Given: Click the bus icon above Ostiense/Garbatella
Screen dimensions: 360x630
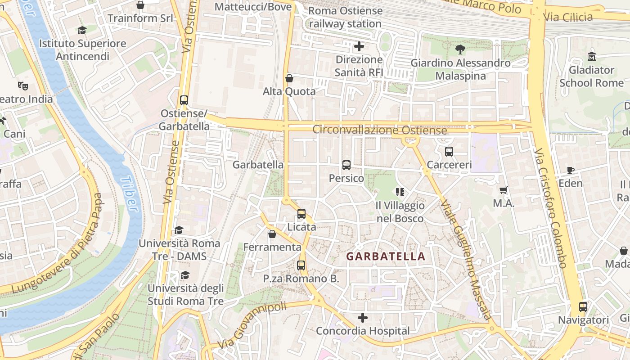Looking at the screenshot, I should click(x=184, y=100).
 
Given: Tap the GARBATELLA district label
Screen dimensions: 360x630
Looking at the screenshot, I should click(x=386, y=256).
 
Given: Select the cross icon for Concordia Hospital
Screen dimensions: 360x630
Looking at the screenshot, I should click(x=363, y=318).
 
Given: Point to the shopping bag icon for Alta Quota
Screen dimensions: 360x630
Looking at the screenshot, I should click(x=289, y=78).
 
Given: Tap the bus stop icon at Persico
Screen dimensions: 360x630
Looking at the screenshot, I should click(x=346, y=165).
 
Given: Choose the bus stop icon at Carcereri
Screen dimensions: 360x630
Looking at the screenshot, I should click(x=449, y=152).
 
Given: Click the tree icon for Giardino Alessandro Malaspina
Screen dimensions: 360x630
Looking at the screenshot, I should click(x=460, y=49).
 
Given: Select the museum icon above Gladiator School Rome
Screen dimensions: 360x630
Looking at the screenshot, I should click(x=591, y=57).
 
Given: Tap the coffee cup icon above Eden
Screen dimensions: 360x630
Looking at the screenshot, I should click(x=571, y=170).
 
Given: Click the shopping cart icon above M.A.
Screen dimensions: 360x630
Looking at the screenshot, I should click(x=504, y=190).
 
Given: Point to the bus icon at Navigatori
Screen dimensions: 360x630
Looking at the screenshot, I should click(x=583, y=307).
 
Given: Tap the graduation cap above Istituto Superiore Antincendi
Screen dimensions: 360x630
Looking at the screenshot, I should click(x=82, y=30).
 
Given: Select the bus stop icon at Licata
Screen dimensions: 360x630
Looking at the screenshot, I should click(x=301, y=214).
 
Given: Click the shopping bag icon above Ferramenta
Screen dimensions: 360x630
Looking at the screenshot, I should click(x=272, y=234).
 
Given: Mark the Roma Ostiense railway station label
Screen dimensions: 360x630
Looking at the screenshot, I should click(x=345, y=17).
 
